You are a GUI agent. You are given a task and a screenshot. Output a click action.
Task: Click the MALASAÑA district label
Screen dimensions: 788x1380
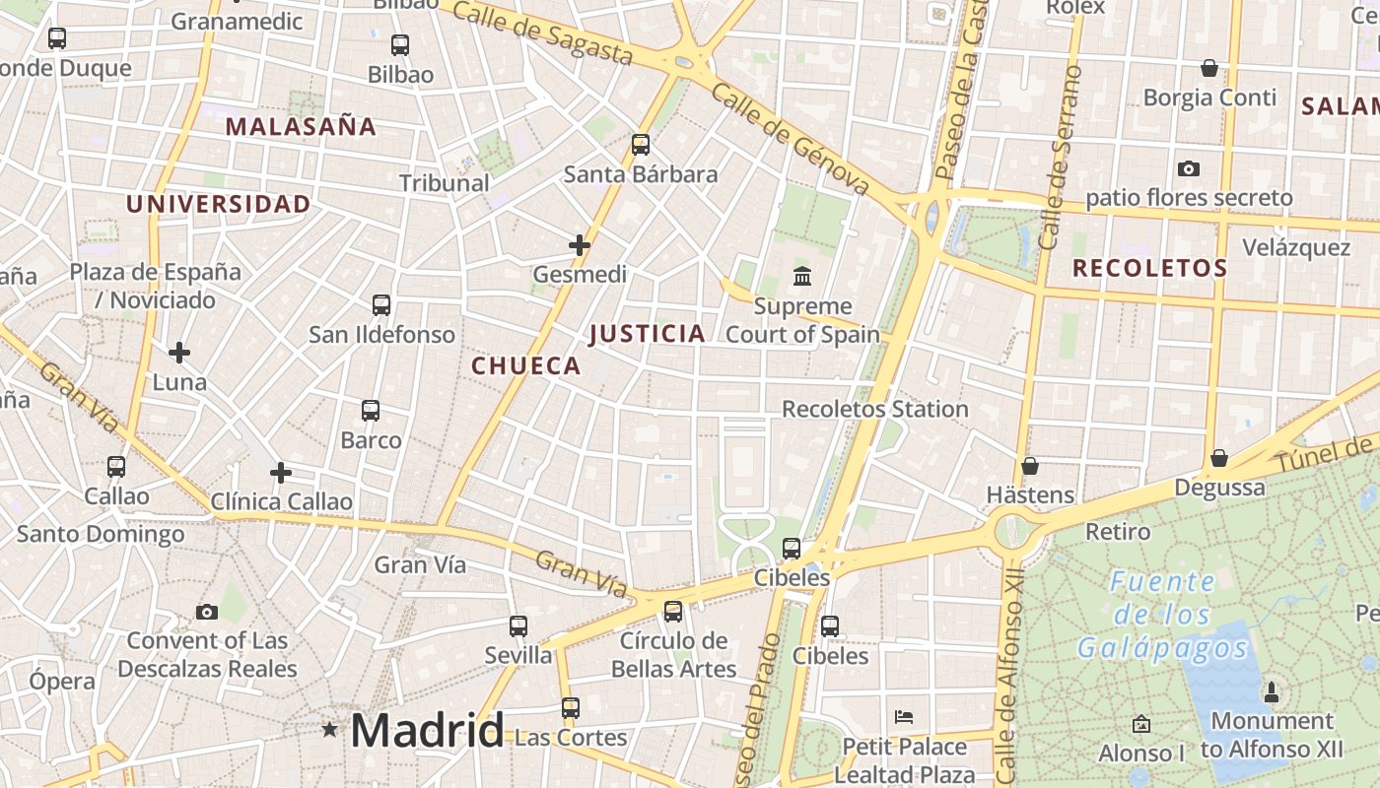[x=301, y=126]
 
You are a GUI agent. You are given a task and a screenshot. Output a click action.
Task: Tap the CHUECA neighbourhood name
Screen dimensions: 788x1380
[x=525, y=365]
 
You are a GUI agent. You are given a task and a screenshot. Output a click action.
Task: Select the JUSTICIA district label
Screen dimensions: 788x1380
[x=647, y=334]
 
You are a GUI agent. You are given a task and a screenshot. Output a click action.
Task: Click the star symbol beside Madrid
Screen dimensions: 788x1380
[x=329, y=730]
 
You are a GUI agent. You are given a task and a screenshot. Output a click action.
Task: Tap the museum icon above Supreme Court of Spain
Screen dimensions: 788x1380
[x=802, y=276]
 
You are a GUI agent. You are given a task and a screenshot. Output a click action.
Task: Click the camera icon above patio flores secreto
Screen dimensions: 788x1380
[x=1189, y=168]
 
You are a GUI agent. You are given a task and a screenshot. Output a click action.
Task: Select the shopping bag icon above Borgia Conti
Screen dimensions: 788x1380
[x=1209, y=68]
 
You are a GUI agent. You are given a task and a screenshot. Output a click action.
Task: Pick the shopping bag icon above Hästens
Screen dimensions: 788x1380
[x=1030, y=465]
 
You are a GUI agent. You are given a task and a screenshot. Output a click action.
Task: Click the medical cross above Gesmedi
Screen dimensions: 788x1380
[x=580, y=244]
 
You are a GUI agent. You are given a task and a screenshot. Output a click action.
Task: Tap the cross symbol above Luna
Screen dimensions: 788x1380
[x=179, y=352]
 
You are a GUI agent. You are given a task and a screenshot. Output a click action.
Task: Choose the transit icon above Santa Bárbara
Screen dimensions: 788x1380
[x=641, y=145]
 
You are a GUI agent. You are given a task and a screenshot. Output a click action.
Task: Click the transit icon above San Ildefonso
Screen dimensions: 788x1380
[x=381, y=305]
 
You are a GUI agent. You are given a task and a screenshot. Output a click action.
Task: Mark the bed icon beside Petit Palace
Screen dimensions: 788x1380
[x=903, y=716]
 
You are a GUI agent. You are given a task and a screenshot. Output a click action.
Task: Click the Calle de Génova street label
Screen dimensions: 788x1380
[x=789, y=139]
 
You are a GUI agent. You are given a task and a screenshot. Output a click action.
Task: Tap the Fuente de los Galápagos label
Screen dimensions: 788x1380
[x=1162, y=615]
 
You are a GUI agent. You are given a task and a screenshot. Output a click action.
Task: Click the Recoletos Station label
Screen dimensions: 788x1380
[x=874, y=409]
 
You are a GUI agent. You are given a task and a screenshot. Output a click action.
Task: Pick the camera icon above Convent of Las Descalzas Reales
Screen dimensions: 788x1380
[x=207, y=612]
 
